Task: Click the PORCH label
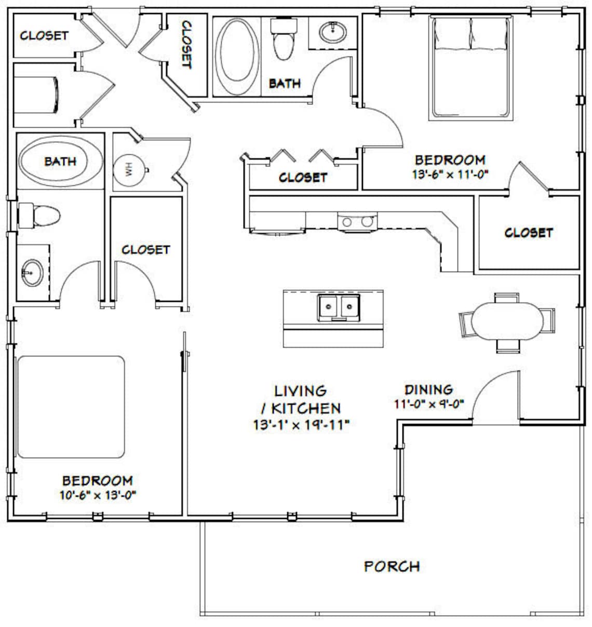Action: coord(392,566)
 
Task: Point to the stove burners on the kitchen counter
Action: coord(357,222)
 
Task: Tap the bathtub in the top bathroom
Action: coord(236,57)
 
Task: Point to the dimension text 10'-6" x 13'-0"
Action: coord(97,495)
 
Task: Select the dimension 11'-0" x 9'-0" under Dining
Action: coord(428,403)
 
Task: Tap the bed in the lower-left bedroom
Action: coord(71,407)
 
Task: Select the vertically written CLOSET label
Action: coord(186,45)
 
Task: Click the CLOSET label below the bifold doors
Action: coord(303,178)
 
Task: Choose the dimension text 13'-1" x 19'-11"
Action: coord(301,425)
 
